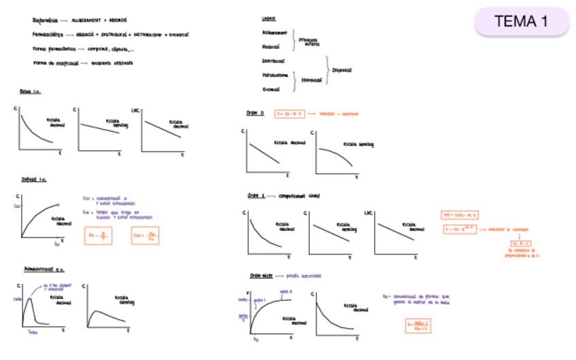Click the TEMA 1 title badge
pyautogui.click(x=521, y=22)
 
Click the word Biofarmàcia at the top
pyautogui.click(x=45, y=20)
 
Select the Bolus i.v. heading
pyautogui.click(x=31, y=90)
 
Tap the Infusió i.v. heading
pyautogui.click(x=34, y=179)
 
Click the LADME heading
pyautogui.click(x=268, y=18)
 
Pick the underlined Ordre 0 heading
pyautogui.click(x=255, y=113)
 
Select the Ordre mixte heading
pyautogui.click(x=261, y=276)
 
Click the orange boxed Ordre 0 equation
pyautogui.click(x=290, y=113)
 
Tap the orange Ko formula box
pyautogui.click(x=98, y=236)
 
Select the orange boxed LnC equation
pyautogui.click(x=461, y=215)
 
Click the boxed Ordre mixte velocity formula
pyautogui.click(x=419, y=325)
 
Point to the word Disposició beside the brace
pyautogui.click(x=342, y=69)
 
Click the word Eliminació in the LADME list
pyautogui.click(x=311, y=79)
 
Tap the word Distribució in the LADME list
pyautogui.click(x=274, y=60)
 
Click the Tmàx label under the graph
pyautogui.click(x=32, y=332)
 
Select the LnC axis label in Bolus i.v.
pyautogui.click(x=135, y=110)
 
